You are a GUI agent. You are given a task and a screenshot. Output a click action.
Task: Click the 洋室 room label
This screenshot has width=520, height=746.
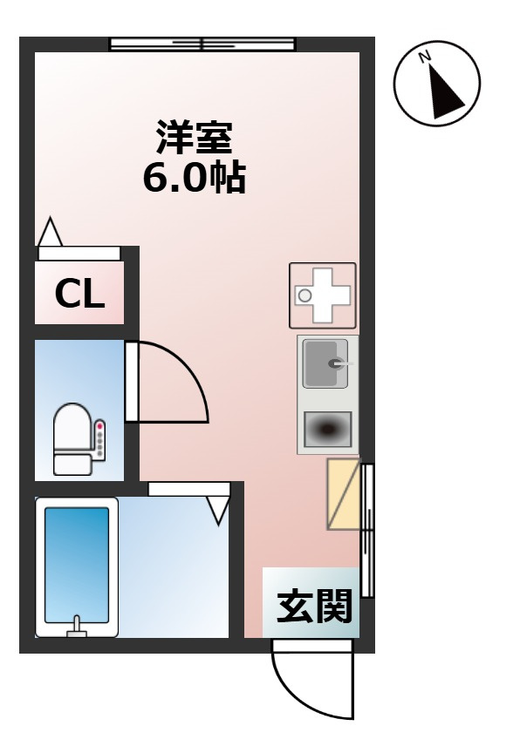pos(194,137)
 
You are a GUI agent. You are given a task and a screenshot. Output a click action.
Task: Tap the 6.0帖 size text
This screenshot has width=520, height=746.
pos(194,178)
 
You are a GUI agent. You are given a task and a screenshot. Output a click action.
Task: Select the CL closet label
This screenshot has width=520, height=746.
pos(79,295)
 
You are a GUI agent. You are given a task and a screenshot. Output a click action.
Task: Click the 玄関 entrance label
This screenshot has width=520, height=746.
pos(314,607)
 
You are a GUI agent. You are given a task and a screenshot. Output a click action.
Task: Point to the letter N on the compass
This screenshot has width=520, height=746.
pos(426,58)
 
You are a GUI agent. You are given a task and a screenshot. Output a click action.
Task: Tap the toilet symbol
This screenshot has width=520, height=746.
pos(73,439)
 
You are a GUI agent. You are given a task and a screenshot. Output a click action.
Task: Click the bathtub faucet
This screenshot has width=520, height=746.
pos(78,625)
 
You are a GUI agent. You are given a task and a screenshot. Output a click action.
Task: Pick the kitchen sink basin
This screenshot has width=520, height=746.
pos(325,363)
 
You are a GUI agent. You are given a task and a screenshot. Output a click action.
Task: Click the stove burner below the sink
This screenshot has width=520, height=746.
pos(327,428)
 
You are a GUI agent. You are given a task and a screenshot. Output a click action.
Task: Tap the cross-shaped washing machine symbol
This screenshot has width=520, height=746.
pos(323,295)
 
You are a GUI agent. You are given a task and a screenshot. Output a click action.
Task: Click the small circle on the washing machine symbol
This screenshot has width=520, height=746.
pos(304,296)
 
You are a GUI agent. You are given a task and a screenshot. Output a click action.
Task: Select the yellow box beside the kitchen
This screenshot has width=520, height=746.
pos(343,494)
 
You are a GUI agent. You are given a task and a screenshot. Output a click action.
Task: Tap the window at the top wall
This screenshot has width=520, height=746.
pos(202,44)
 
